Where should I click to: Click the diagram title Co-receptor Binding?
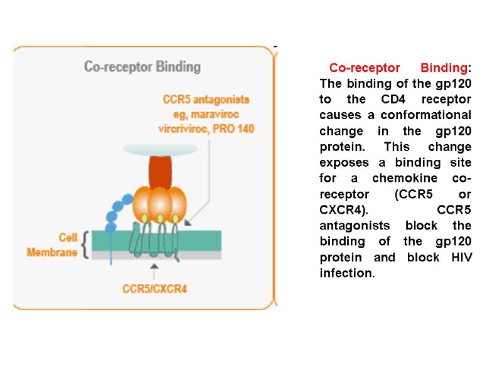pos(142,66)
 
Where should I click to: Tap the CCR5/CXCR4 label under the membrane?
pos(154,289)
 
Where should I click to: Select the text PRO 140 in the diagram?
pos(233,128)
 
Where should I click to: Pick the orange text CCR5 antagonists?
pos(206,99)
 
